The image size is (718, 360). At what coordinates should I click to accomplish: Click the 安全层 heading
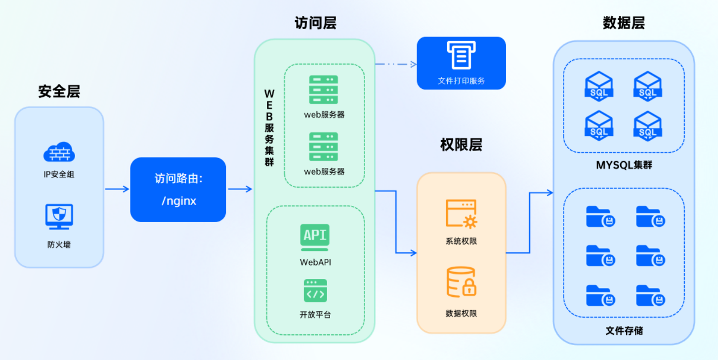click(59, 91)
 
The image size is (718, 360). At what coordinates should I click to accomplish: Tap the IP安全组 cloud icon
click(59, 152)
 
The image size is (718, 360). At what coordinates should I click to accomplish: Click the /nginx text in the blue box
click(178, 201)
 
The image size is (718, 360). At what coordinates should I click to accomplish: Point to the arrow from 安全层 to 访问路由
click(117, 189)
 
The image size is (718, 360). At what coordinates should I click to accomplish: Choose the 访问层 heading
click(315, 23)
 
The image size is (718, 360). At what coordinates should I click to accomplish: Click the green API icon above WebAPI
click(315, 236)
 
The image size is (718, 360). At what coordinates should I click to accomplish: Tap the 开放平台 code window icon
click(315, 291)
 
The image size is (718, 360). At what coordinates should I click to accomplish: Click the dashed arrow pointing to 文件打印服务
click(395, 64)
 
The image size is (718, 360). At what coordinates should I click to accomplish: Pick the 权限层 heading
click(461, 145)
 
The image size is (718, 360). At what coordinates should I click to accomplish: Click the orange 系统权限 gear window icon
click(461, 214)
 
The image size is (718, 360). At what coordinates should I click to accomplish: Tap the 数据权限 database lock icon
click(461, 282)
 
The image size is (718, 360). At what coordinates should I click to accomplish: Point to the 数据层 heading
click(624, 23)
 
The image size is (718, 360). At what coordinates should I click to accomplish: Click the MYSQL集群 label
click(624, 165)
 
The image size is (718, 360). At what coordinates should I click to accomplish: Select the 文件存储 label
click(624, 330)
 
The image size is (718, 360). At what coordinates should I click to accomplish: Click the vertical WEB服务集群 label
click(269, 128)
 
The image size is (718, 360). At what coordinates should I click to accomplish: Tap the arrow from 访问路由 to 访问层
click(240, 189)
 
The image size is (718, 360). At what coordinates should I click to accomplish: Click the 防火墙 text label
click(59, 244)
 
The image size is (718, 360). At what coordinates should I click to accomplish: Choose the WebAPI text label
click(315, 262)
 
